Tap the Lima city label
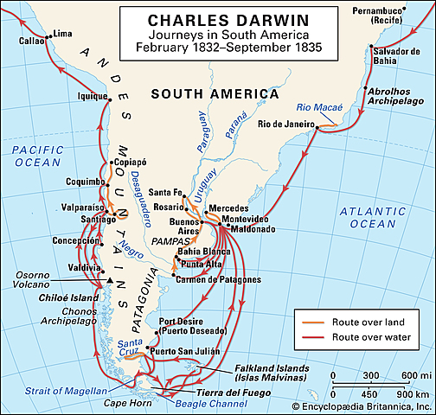pyautogui.click(x=63, y=34)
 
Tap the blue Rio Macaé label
pyautogui.click(x=320, y=108)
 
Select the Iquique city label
pyautogui.click(x=93, y=97)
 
